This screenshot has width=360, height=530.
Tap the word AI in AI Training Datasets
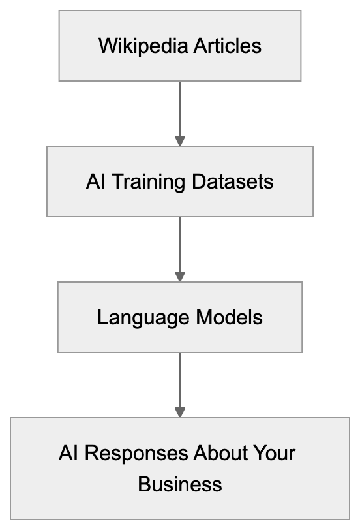pyautogui.click(x=95, y=181)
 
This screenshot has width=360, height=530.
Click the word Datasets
pyautogui.click(x=233, y=181)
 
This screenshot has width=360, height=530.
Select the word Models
pyautogui.click(x=230, y=317)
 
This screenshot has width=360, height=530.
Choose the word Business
pyautogui.click(x=180, y=484)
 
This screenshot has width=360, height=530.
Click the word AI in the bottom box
pyautogui.click(x=68, y=453)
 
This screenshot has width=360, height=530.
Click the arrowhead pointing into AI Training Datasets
pyautogui.click(x=180, y=141)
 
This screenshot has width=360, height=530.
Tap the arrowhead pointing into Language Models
pyautogui.click(x=180, y=277)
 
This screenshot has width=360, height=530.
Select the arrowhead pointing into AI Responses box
pyautogui.click(x=180, y=413)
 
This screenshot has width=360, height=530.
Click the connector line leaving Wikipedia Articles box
pyautogui.click(x=180, y=108)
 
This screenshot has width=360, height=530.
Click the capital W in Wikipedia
pyautogui.click(x=106, y=46)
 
